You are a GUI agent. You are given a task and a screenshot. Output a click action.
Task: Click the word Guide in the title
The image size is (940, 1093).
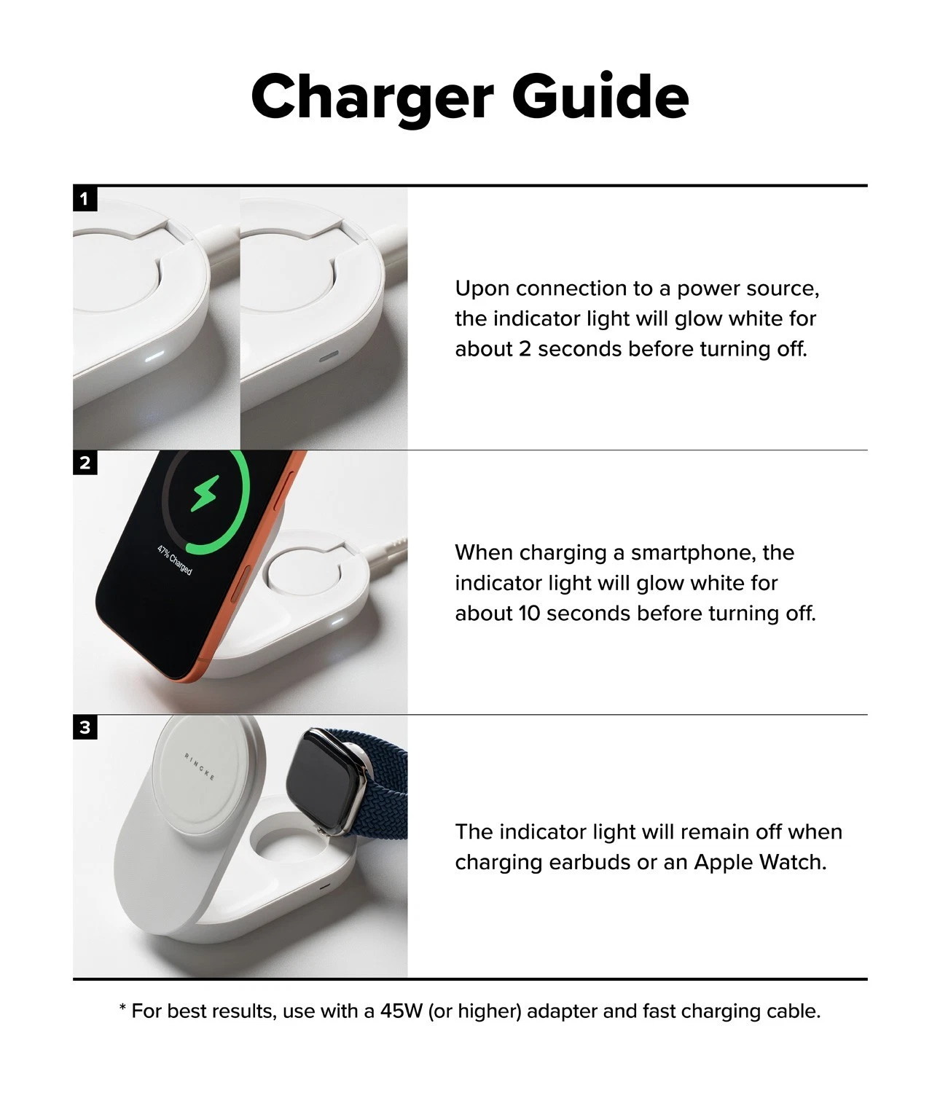pyautogui.click(x=600, y=95)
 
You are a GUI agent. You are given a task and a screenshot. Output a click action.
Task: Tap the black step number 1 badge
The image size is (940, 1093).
pyautogui.click(x=85, y=199)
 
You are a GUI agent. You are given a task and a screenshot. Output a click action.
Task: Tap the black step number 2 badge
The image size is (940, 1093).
pyautogui.click(x=85, y=463)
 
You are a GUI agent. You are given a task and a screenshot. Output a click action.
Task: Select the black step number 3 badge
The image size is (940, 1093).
pyautogui.click(x=85, y=727)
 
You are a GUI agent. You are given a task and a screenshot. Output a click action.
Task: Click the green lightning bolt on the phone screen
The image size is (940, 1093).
pyautogui.click(x=205, y=493)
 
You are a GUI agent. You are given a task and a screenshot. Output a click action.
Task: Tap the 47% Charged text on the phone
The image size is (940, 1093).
pyautogui.click(x=174, y=560)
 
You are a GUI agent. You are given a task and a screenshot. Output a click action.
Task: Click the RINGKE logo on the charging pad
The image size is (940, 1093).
pyautogui.click(x=200, y=767)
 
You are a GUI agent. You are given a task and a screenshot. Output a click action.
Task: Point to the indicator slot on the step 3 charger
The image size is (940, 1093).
pyautogui.click(x=324, y=884)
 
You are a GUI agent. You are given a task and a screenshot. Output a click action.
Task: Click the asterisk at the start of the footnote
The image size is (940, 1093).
pyautogui.click(x=122, y=1007)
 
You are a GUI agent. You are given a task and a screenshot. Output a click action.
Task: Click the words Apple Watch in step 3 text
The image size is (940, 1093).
pyautogui.click(x=760, y=862)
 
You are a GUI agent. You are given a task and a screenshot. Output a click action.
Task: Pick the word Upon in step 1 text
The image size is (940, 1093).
pyautogui.click(x=482, y=289)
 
